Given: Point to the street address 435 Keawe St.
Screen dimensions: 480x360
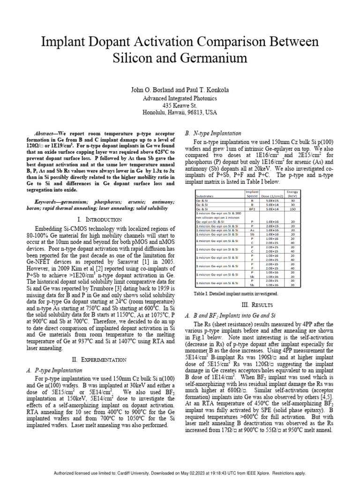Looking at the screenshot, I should point(180,105).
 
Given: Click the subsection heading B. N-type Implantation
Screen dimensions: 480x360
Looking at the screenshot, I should point(213,133).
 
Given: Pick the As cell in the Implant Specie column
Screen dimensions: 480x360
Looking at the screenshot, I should point(252,230).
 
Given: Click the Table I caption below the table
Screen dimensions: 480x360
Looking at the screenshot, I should point(235,293).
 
